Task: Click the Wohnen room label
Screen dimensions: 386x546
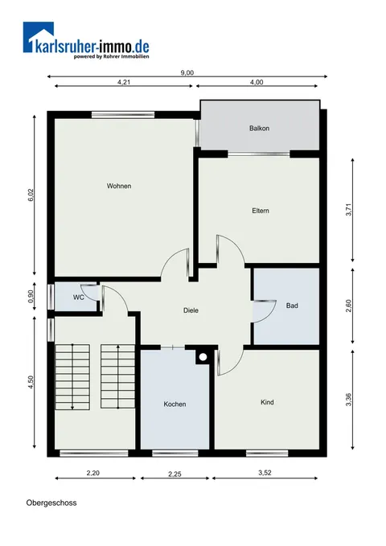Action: coord(119,186)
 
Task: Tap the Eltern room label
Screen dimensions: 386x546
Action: coord(261,211)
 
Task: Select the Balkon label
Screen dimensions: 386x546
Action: coord(259,128)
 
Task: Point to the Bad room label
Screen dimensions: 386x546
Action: coord(292,306)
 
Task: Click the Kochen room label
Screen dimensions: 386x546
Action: coord(175,404)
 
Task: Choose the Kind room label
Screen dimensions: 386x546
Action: coord(267,402)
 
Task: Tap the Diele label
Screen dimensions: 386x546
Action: coord(191,310)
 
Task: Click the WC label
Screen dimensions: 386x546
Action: coord(78,298)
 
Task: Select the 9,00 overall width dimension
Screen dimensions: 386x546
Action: coord(187,73)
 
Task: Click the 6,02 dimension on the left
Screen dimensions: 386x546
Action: coord(31,195)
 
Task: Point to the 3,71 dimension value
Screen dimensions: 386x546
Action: coord(349,209)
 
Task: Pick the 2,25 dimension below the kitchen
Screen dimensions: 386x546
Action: coord(175,474)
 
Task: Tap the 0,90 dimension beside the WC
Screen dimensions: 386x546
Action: coord(31,297)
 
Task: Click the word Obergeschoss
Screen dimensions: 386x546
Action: coord(51,503)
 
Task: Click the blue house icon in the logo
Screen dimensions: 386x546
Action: coord(39,37)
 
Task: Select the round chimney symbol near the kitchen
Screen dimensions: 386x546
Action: coord(203,357)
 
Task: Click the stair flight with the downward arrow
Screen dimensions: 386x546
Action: coord(72,377)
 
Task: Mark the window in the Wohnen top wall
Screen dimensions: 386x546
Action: coord(123,114)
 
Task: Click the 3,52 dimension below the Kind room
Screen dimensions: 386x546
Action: coord(265,473)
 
